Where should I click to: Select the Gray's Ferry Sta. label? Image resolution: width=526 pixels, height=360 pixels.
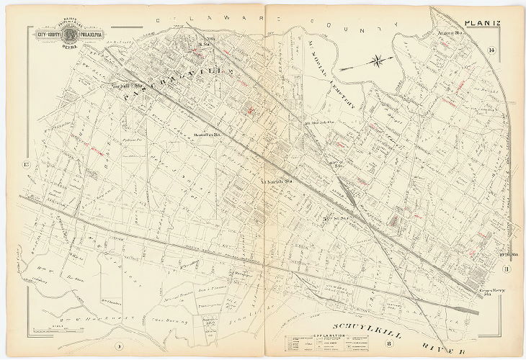pos(491,289)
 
